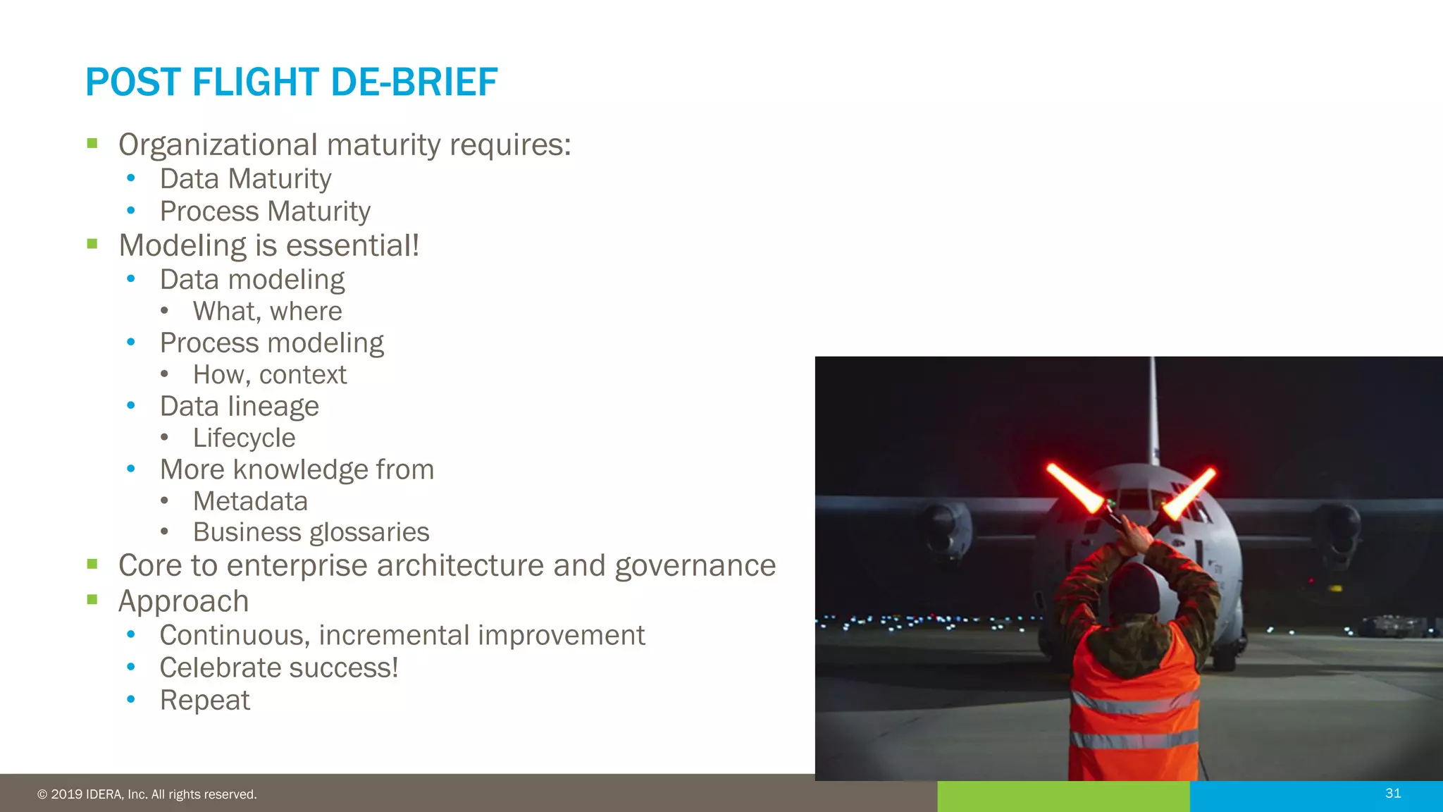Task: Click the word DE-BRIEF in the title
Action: coord(414,82)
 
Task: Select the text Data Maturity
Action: coord(245,179)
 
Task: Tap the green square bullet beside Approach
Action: coord(92,600)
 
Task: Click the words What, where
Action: coord(267,312)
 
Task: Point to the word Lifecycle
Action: coord(244,438)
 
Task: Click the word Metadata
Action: coord(250,501)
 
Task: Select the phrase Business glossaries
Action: coord(311,532)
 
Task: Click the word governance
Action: coord(695,566)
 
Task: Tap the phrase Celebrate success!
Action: coord(278,668)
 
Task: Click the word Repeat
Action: coord(204,701)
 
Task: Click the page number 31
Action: coord(1393,794)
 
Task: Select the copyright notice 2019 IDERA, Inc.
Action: coord(147,794)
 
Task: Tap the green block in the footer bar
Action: coord(1063,796)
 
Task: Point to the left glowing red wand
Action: coord(1074,487)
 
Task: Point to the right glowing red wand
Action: coord(1191,492)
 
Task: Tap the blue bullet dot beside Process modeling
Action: coord(130,343)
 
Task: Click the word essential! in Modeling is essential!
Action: coord(352,246)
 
